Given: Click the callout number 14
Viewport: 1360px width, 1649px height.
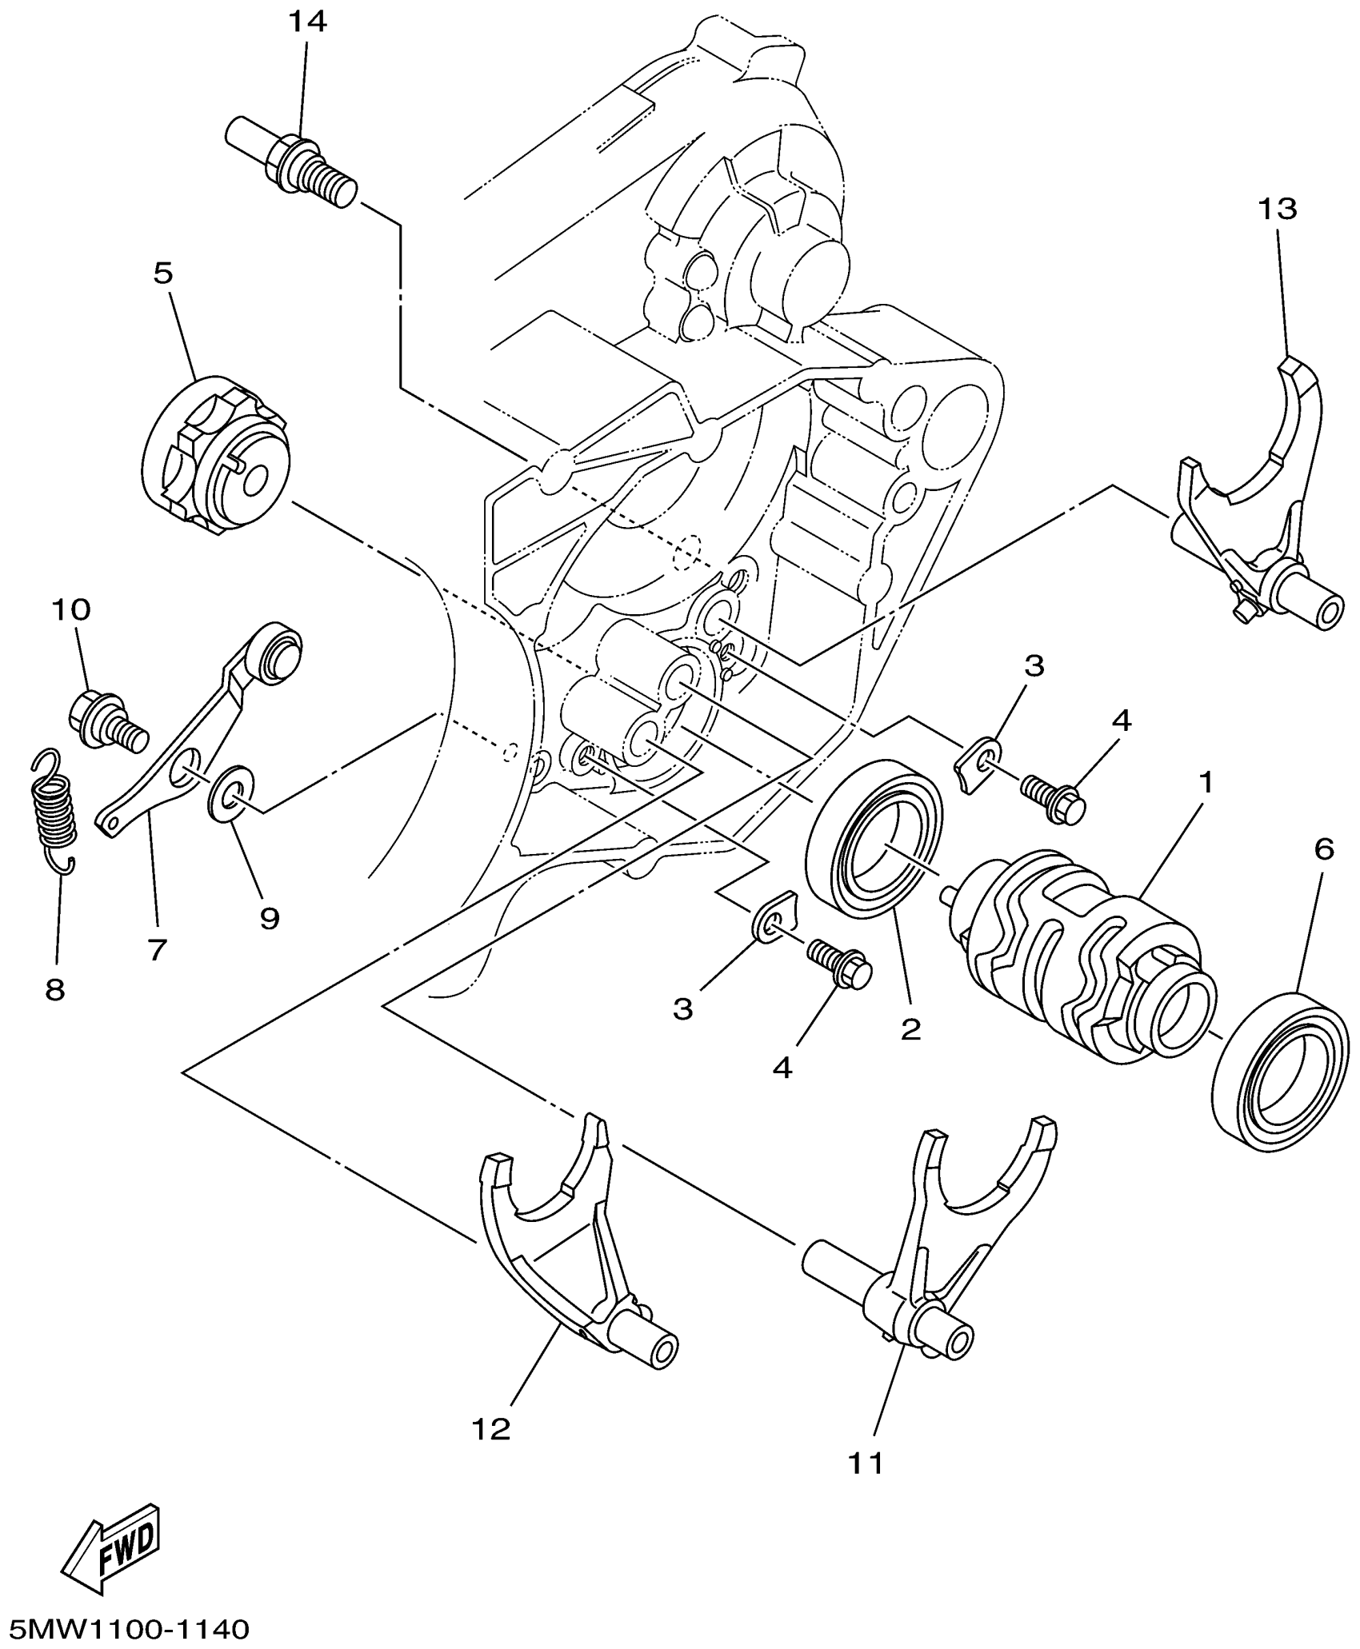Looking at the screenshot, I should (x=308, y=22).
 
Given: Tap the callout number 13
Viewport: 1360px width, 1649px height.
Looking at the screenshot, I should (x=1278, y=210).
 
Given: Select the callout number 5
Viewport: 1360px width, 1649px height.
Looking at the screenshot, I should (x=162, y=274).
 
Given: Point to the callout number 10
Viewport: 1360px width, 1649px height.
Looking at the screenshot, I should (x=71, y=610).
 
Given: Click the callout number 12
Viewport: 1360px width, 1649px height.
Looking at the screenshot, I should (x=491, y=1428).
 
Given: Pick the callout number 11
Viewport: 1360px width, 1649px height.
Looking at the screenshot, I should (x=866, y=1463).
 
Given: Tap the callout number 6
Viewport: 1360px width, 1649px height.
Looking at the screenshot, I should (x=1324, y=849).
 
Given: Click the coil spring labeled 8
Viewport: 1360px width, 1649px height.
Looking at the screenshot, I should (x=53, y=812).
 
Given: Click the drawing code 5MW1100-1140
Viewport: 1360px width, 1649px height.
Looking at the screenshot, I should (x=126, y=1628).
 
